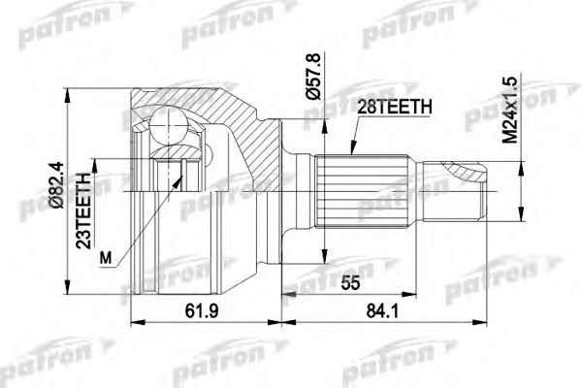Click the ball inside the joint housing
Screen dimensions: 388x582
click(x=169, y=126)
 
